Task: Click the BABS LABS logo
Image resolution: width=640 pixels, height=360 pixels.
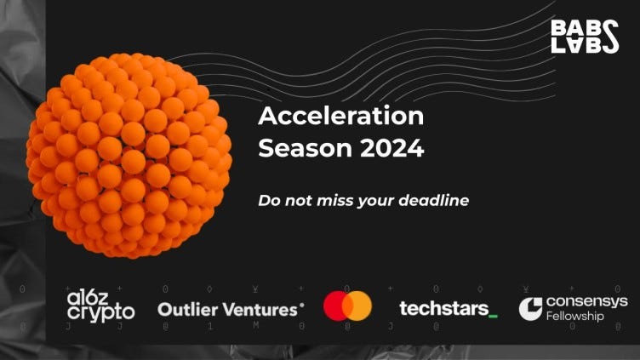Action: (x=585, y=37)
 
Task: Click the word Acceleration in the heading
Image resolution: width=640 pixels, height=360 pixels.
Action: (x=341, y=116)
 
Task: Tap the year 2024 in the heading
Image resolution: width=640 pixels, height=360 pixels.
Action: (x=391, y=148)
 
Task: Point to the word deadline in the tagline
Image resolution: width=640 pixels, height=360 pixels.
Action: (x=434, y=200)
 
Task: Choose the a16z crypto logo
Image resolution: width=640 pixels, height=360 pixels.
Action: (x=100, y=306)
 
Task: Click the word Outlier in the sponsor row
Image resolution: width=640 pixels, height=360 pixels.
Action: (x=188, y=310)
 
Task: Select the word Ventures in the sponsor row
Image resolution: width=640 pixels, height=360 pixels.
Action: (x=261, y=310)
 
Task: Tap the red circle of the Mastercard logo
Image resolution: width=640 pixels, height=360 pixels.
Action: (x=337, y=306)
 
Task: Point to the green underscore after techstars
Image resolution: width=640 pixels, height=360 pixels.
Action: (x=493, y=316)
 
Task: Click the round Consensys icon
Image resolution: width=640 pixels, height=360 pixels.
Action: (x=530, y=309)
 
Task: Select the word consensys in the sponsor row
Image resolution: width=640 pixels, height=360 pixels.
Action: (x=587, y=301)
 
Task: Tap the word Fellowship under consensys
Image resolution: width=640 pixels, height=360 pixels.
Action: (x=574, y=316)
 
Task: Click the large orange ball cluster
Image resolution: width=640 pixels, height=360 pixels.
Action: (x=129, y=156)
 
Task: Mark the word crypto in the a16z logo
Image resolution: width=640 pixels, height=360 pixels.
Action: (x=100, y=312)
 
